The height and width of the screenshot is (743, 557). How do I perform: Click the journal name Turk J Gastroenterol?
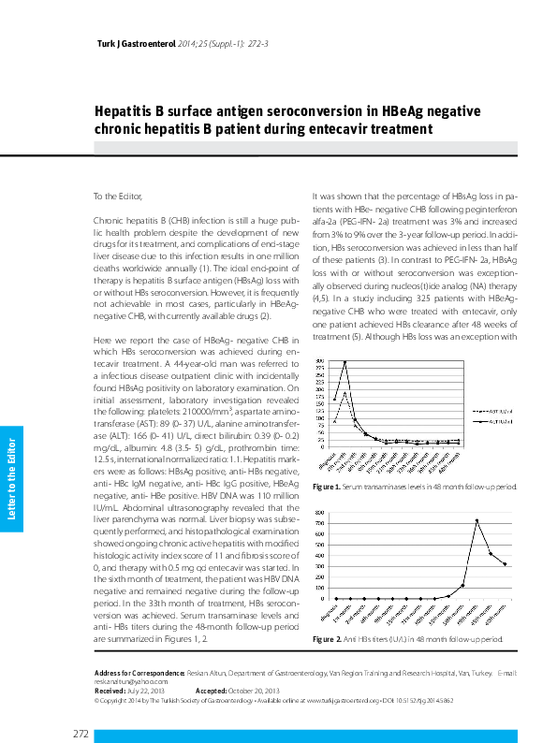click(137, 44)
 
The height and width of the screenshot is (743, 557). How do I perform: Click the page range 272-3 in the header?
click(257, 44)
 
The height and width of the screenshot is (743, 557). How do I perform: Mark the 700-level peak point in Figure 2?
click(476, 520)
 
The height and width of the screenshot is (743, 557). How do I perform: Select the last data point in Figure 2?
click(506, 564)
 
